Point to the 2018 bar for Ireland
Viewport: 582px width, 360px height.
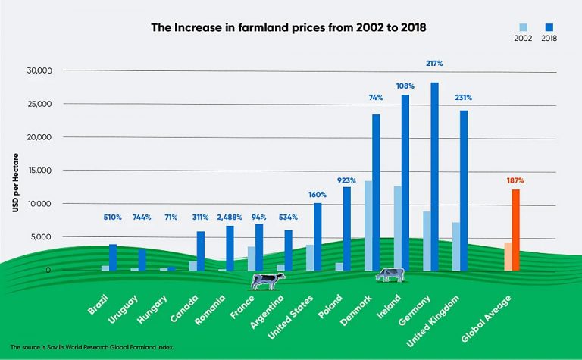[405, 182]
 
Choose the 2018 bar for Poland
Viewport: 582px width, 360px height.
[346, 228]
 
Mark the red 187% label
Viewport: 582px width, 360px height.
[515, 180]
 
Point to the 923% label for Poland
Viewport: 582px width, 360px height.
[346, 180]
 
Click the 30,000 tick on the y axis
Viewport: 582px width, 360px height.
[36, 70]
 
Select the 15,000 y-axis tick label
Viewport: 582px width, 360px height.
[36, 171]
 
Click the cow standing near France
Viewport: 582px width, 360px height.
[268, 280]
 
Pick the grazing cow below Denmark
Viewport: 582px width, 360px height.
[390, 274]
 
